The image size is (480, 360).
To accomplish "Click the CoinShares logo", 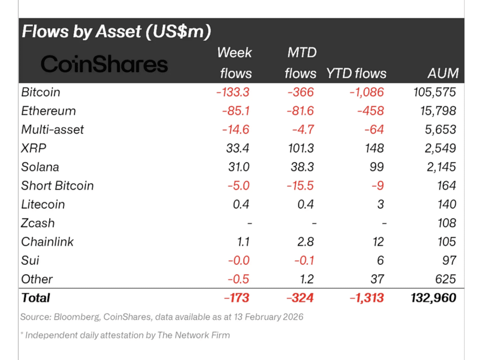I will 104,64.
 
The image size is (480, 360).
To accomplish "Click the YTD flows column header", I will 357,73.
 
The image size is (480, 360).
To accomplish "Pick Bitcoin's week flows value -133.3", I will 232,92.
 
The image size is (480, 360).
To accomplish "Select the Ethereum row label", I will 48,111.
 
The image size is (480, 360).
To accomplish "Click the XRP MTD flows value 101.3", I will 300,148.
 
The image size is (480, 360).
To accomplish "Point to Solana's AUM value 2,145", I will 438,167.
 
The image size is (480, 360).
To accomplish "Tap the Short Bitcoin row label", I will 57,186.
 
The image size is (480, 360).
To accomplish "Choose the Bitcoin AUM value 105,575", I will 432,92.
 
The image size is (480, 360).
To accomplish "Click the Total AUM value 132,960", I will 432,298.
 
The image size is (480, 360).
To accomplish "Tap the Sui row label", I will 30,261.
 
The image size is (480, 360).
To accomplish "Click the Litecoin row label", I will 43,204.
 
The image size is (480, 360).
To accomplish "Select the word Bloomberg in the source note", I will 75,317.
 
